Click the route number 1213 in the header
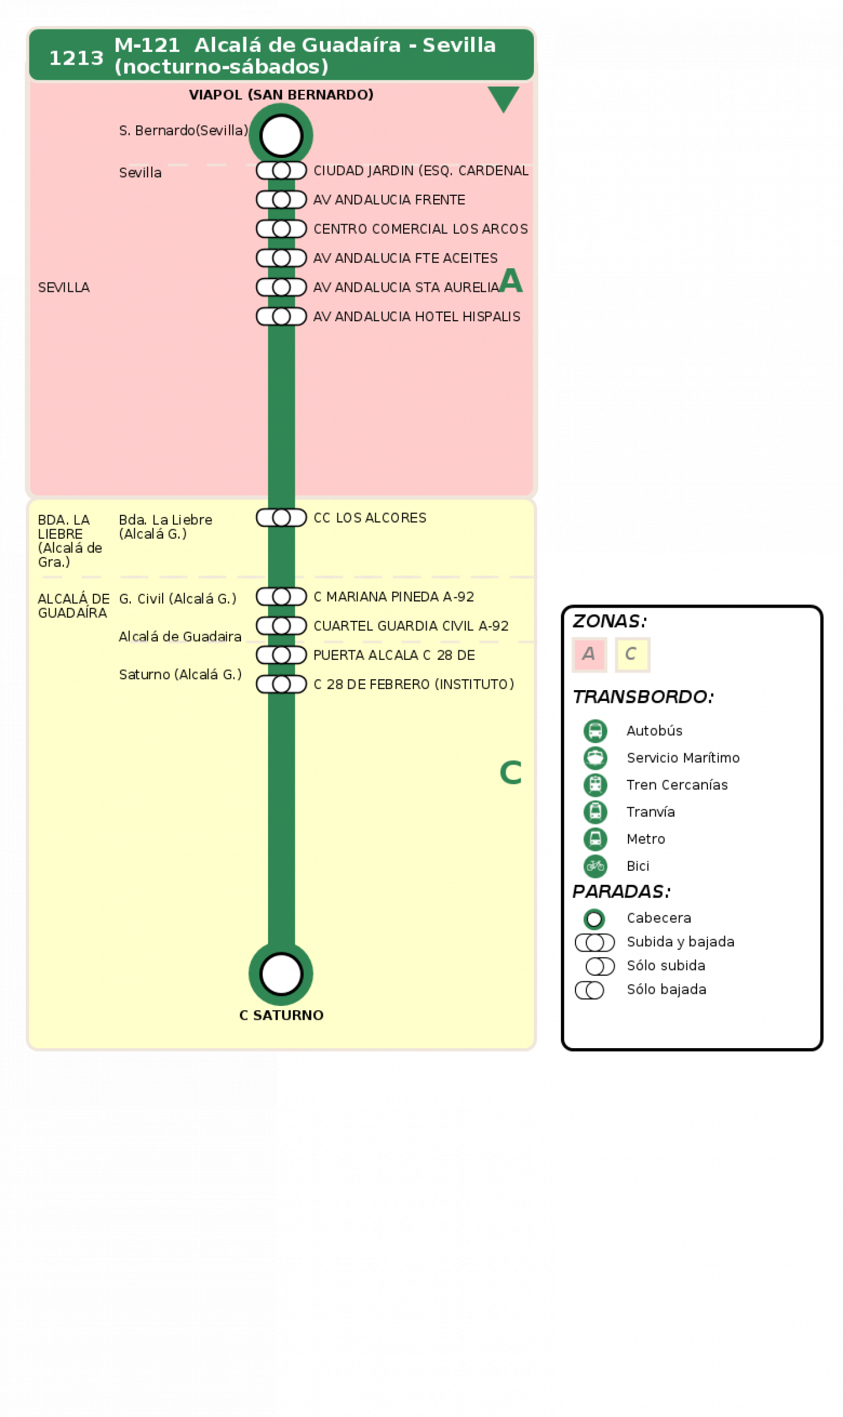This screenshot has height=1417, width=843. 76,58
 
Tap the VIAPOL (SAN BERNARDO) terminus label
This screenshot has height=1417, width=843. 281,95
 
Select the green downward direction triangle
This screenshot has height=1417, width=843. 503,98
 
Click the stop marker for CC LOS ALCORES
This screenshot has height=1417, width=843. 281,518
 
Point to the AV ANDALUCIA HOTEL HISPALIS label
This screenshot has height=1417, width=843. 416,316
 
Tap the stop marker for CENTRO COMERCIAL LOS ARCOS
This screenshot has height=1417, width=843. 281,229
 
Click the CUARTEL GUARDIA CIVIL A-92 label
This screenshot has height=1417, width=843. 411,626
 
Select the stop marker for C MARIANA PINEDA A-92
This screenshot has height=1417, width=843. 281,597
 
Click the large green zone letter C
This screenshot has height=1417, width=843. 510,773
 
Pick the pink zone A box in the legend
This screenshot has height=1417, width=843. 589,654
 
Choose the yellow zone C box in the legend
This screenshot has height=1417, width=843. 632,654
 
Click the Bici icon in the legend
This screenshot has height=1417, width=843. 595,866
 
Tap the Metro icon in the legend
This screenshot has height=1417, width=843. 595,839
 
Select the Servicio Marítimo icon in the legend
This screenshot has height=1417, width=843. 595,758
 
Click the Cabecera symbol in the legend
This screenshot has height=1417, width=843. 594,919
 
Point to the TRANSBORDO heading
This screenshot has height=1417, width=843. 643,697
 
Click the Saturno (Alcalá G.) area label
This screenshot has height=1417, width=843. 180,674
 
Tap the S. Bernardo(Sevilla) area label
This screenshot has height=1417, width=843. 183,130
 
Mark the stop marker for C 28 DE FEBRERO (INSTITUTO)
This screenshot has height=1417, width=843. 281,684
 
